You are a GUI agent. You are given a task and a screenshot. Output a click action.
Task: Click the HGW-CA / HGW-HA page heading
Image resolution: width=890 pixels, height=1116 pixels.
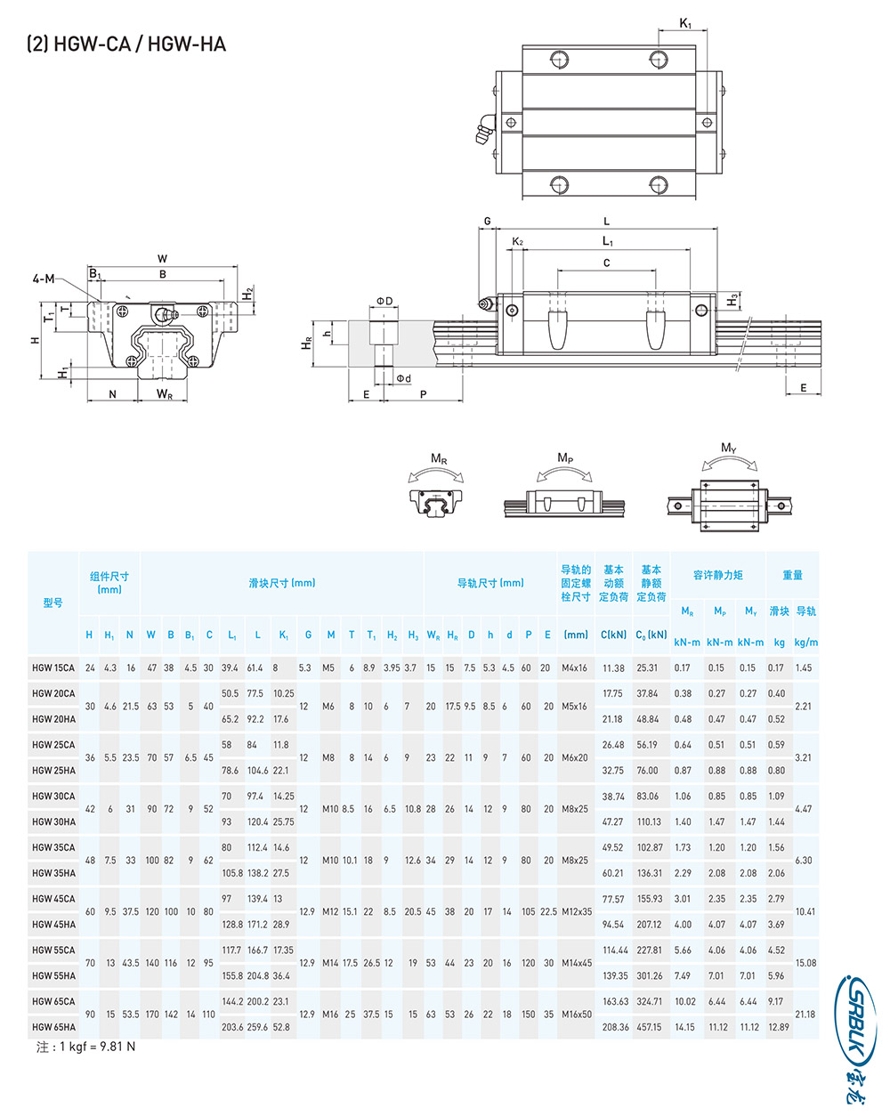click(x=126, y=44)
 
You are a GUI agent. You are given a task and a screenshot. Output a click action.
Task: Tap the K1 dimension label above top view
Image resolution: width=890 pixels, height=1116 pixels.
click(x=684, y=23)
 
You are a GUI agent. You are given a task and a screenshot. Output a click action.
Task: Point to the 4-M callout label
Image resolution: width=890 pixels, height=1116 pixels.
click(x=44, y=279)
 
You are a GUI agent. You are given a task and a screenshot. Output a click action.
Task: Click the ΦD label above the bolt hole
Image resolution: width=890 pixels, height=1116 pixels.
click(x=384, y=301)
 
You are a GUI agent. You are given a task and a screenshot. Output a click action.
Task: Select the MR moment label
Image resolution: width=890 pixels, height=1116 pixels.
click(x=438, y=458)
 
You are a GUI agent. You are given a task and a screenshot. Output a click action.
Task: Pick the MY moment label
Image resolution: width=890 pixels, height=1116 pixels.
click(x=728, y=448)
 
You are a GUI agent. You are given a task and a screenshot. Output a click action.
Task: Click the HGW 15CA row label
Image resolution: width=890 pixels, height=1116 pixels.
click(x=53, y=667)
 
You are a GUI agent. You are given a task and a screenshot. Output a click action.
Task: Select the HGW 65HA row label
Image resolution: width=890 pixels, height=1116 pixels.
click(x=53, y=1027)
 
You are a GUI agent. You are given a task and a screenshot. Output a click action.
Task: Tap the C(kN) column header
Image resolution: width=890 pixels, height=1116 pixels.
click(x=613, y=635)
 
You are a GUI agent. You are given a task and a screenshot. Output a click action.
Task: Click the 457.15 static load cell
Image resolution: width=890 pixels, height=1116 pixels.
click(x=650, y=1027)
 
